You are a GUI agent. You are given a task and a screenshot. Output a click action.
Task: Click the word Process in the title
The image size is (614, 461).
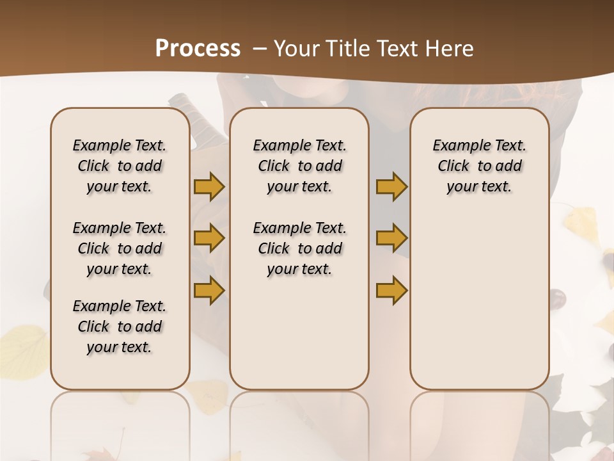click(x=198, y=49)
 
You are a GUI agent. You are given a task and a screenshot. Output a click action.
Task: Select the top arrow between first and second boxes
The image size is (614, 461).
click(x=209, y=186)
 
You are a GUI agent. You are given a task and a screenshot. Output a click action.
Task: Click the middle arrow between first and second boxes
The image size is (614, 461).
click(x=209, y=238)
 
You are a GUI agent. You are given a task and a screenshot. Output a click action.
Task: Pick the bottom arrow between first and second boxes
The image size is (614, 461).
click(x=209, y=290)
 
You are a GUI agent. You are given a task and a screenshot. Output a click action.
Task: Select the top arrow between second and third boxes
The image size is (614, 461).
click(x=391, y=186)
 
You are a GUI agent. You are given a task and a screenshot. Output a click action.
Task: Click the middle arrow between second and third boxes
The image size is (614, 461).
click(x=391, y=238)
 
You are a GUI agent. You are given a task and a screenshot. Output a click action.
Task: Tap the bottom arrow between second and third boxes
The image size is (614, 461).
click(x=391, y=290)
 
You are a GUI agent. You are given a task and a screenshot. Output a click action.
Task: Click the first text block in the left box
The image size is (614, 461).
click(x=120, y=166)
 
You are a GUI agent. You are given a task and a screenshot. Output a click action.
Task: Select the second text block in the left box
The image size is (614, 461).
click(x=120, y=248)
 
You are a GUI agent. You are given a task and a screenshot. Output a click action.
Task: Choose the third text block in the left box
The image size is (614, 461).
click(x=120, y=327)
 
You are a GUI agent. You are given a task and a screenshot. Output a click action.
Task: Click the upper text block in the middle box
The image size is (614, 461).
click(x=299, y=166)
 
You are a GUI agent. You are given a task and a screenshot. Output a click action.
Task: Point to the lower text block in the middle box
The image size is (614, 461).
click(x=299, y=248)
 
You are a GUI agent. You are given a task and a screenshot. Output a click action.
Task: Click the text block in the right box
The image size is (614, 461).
click(x=479, y=166)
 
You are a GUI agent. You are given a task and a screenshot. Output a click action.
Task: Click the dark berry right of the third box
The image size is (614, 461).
click(x=558, y=298)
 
